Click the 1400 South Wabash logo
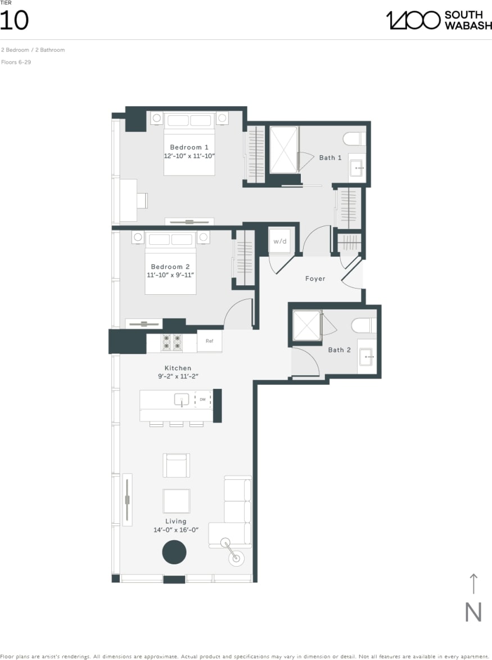click(438, 20)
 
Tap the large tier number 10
click(14, 21)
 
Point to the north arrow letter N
click(473, 612)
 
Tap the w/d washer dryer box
click(279, 241)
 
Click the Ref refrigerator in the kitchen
click(209, 341)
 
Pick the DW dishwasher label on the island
click(202, 399)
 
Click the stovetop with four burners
click(172, 343)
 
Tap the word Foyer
click(315, 279)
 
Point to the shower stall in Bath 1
click(283, 150)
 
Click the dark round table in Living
click(174, 552)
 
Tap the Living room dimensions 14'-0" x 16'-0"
click(175, 530)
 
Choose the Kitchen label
click(178, 369)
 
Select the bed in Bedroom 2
click(170, 264)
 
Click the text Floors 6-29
click(16, 62)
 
